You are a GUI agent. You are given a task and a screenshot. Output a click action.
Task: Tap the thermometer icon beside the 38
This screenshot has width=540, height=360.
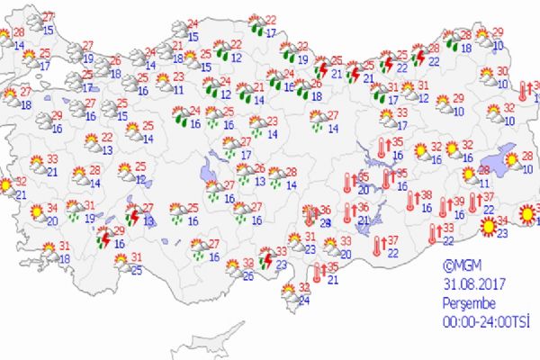(x=412, y=200)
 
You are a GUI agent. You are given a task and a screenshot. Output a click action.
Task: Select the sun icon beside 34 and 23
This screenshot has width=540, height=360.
(x=487, y=227)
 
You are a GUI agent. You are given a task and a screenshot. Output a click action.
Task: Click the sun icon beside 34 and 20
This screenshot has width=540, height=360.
(x=36, y=213)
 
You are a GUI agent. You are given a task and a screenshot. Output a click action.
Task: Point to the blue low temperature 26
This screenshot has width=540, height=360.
(x=247, y=276)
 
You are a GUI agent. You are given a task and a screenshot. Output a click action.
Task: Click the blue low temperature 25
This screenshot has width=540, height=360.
(x=135, y=272)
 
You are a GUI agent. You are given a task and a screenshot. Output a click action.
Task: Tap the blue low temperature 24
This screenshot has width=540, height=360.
(x=303, y=301)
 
